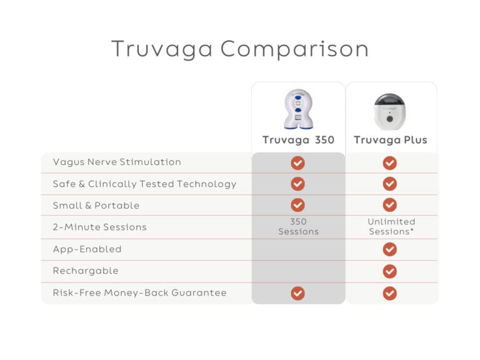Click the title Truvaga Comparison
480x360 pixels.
[239, 49]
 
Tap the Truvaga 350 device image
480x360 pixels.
[298, 109]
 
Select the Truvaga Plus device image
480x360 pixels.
[390, 111]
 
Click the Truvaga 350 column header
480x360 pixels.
[298, 140]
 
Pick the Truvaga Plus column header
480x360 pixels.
[391, 140]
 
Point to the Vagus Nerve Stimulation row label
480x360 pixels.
[117, 162]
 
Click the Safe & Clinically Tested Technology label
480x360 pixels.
[144, 184]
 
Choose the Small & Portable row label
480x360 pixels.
[96, 206]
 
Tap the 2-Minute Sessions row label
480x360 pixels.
[99, 227]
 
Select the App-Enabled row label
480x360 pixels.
[87, 249]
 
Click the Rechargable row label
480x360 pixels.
[86, 271]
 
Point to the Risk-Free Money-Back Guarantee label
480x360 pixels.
[139, 292]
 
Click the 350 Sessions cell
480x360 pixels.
[298, 227]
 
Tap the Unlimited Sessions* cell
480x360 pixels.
[391, 227]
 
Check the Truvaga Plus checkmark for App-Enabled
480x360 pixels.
[390, 249]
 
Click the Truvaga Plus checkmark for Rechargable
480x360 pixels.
[390, 271]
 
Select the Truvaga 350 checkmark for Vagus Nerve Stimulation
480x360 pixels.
[298, 163]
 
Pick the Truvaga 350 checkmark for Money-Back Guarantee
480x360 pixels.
[298, 293]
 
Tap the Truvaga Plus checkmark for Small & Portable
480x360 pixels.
[390, 205]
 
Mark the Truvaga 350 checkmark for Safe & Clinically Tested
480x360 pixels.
[298, 184]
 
